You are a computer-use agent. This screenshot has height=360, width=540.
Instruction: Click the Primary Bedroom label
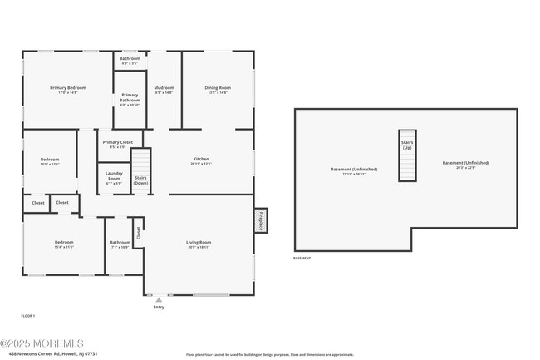pos(68,90)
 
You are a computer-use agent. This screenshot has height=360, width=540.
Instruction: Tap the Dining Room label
pos(218,90)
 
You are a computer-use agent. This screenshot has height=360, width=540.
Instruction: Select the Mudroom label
pos(164,90)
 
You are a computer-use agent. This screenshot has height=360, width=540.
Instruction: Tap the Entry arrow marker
pos(159,300)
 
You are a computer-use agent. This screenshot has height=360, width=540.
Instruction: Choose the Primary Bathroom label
pos(130,97)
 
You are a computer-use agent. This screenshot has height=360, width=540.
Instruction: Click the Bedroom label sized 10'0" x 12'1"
pos(50,161)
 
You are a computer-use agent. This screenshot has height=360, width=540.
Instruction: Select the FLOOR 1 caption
pos(28,316)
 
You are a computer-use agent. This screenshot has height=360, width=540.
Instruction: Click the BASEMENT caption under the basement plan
pos(302,259)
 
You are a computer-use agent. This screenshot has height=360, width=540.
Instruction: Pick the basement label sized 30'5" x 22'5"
pos(465,165)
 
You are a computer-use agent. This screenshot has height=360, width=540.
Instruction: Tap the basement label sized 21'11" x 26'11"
pos(354,171)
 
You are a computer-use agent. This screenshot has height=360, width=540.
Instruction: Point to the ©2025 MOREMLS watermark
pos(42,343)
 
